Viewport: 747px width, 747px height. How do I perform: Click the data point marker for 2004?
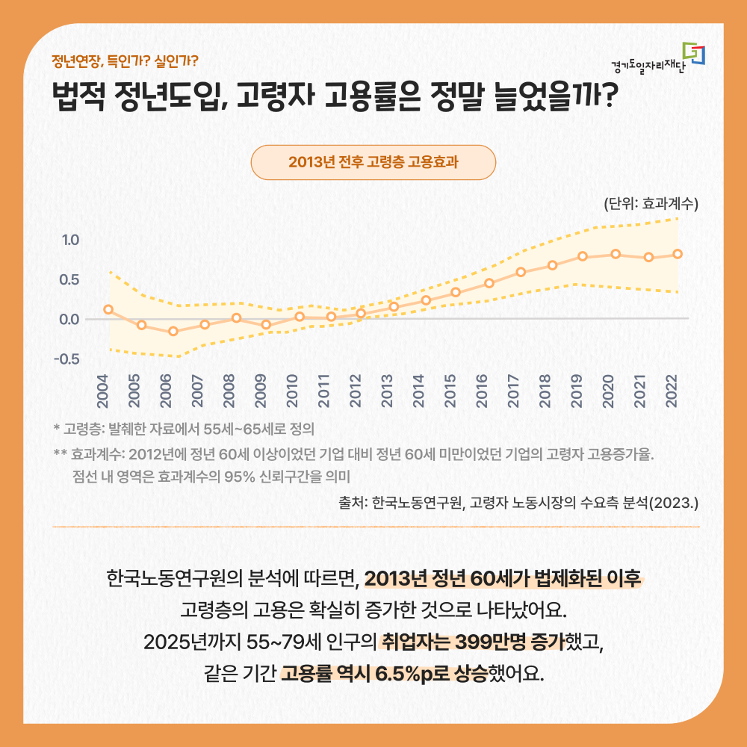[108, 309]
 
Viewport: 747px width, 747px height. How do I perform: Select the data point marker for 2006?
[173, 331]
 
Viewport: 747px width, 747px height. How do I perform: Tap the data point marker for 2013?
[394, 307]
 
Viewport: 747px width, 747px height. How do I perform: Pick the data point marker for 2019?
[583, 256]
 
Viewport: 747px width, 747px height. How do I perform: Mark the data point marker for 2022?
[678, 254]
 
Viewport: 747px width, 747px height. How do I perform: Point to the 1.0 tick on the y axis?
[71, 241]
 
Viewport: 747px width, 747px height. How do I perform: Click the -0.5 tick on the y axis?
[68, 359]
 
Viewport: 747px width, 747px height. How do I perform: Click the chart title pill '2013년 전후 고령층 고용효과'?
[373, 163]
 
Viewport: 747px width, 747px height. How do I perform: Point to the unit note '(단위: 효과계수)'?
[650, 203]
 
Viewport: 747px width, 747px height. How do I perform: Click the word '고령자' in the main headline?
[276, 98]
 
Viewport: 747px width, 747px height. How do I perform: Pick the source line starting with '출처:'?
[518, 502]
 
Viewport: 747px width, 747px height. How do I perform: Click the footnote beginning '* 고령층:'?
[183, 430]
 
